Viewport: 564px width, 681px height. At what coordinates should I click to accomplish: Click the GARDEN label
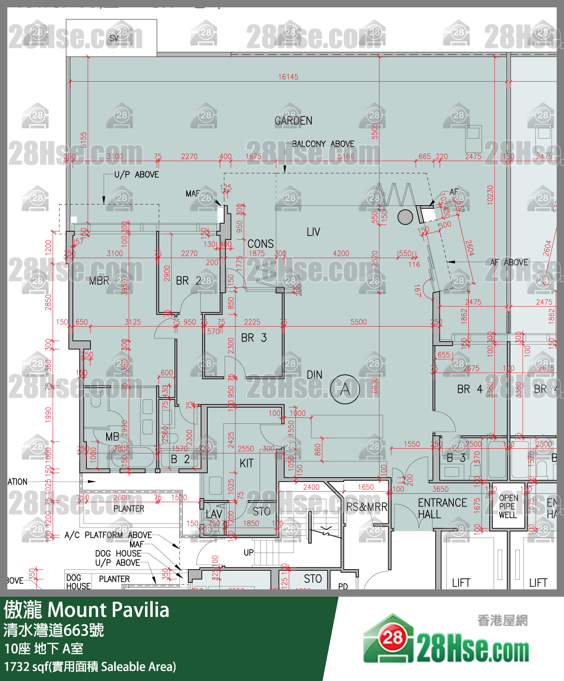click(293, 121)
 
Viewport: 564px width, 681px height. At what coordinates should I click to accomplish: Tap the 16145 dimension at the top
click(288, 77)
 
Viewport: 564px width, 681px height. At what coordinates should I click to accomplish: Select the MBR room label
click(99, 281)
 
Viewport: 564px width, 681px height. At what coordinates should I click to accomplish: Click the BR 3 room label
click(254, 338)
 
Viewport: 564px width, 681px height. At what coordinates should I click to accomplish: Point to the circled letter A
click(345, 389)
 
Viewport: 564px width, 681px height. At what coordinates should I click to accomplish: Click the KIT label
click(246, 463)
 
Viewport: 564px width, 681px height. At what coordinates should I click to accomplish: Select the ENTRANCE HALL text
click(442, 508)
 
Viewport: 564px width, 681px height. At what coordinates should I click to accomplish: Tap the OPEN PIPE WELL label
click(508, 507)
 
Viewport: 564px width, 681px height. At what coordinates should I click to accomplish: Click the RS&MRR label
click(367, 507)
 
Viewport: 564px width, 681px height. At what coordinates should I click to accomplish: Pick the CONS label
click(260, 244)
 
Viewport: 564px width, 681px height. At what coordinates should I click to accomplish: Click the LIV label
click(313, 232)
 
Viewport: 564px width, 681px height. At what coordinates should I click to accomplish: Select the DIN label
click(314, 375)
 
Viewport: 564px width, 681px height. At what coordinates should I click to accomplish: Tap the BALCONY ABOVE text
click(323, 144)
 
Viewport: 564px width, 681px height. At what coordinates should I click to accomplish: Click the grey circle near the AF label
click(405, 217)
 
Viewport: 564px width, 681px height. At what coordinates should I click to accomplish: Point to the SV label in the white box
click(114, 38)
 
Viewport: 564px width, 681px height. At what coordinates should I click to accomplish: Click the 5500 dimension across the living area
click(358, 322)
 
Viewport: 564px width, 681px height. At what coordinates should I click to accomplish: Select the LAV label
click(214, 514)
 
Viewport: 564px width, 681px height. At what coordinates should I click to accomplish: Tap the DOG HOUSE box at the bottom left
click(78, 582)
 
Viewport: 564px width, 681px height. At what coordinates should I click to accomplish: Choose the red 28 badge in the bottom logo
click(393, 638)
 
